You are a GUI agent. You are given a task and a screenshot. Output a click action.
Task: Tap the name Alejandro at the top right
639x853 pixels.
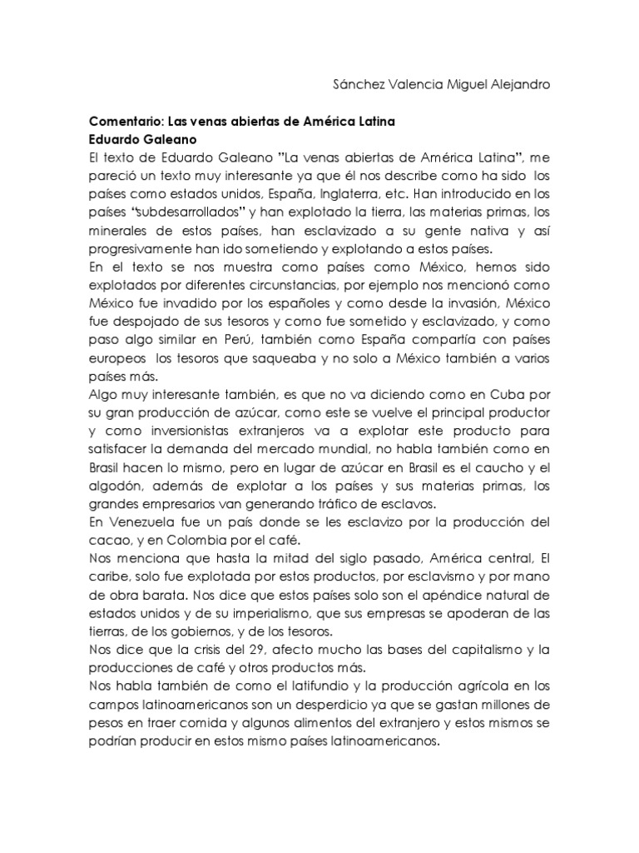point(518,85)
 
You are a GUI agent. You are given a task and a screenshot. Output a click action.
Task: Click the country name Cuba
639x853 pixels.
point(508,391)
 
